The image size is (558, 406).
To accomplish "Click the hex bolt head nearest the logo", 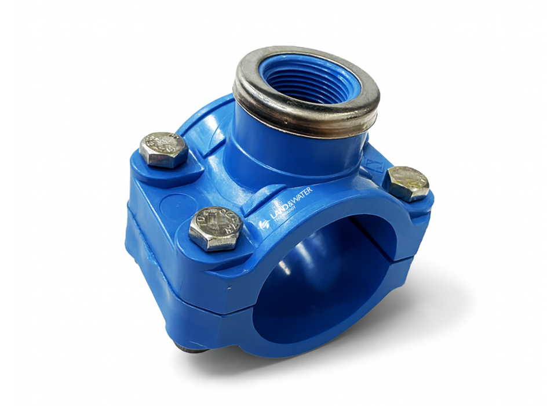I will (216, 228).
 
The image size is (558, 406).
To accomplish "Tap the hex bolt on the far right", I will (408, 183).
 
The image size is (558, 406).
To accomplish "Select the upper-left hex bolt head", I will (163, 150).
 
